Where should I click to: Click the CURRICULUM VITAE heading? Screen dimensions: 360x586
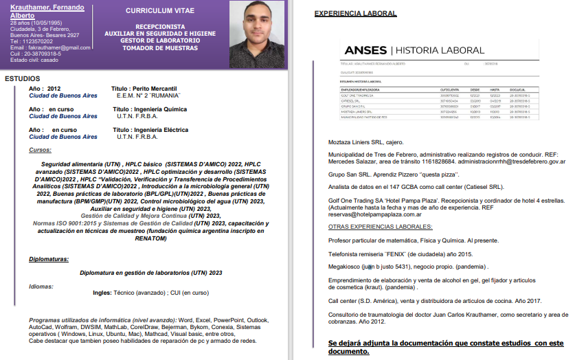[161, 11]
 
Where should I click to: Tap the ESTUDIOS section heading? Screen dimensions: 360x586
[23, 78]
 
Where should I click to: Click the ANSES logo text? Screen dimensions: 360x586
[365, 50]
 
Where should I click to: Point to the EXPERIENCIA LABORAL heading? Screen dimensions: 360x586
[355, 13]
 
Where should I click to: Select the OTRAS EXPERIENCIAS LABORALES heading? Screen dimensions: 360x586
[375, 227]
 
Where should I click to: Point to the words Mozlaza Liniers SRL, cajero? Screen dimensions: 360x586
[365, 142]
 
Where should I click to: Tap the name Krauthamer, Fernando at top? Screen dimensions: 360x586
[47, 7]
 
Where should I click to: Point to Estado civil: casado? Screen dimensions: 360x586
[34, 60]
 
